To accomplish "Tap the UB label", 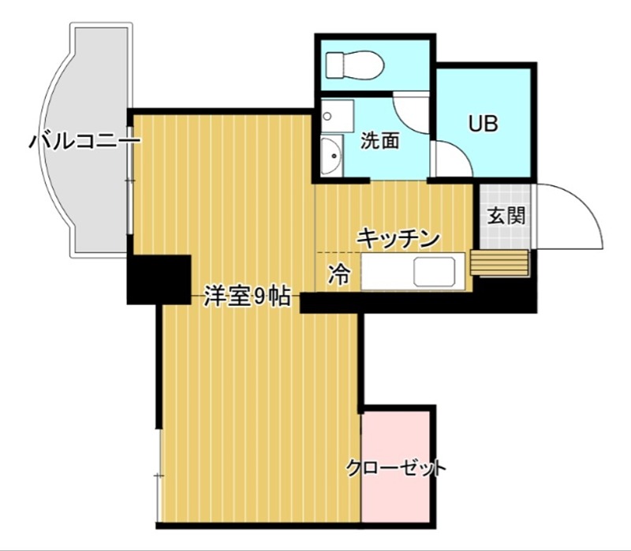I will coord(483,124).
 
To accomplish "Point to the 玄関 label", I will coord(505,214).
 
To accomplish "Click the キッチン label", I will coord(398,237).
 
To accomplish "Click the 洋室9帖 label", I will coord(246,297).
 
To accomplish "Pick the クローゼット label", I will coord(397,468).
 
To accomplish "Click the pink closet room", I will coord(398,497).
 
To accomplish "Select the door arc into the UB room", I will coord(453,158).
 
